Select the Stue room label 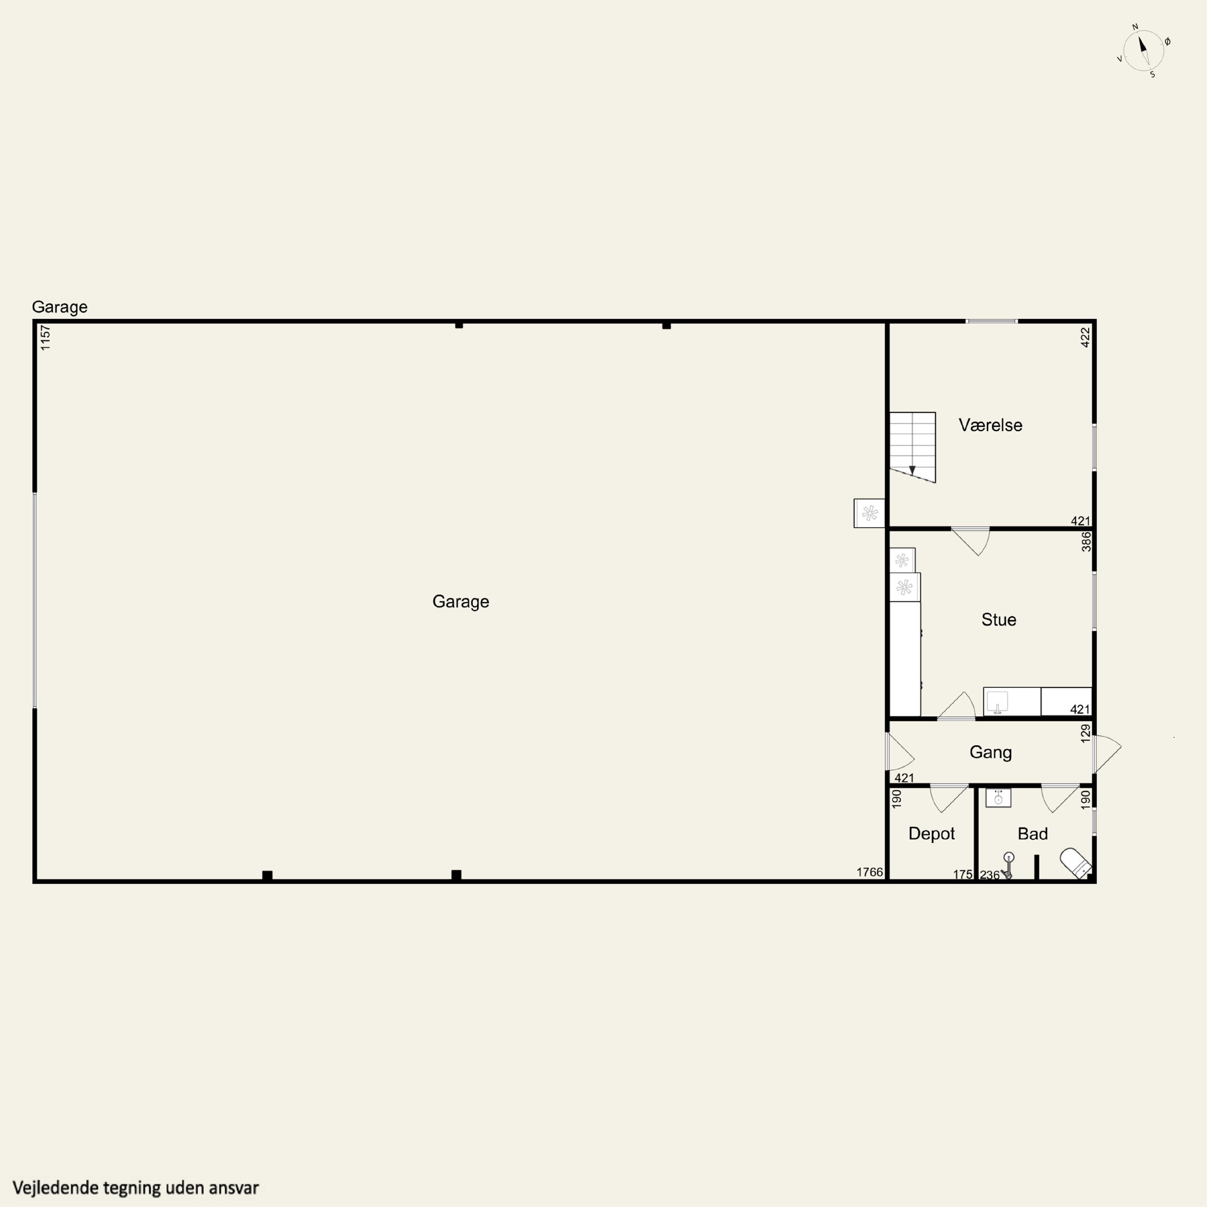click(998, 619)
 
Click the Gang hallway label click(990, 752)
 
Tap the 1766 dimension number click(869, 872)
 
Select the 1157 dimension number click(45, 338)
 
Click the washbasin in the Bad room click(998, 798)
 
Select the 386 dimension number click(1086, 542)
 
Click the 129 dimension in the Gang click(1086, 733)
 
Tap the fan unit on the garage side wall click(869, 513)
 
